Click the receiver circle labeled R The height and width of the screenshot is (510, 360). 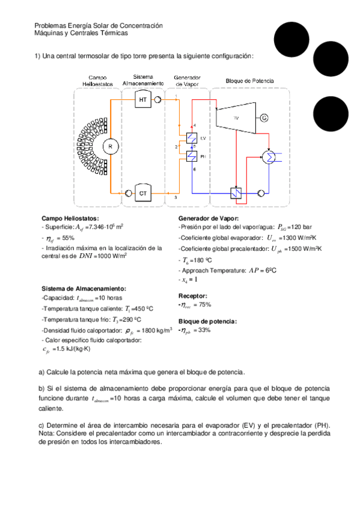(x=110, y=146)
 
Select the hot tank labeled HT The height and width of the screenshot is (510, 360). (x=142, y=100)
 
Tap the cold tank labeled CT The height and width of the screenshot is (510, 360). (x=142, y=193)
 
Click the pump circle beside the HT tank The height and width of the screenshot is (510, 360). (x=157, y=100)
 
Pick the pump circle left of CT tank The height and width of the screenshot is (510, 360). (x=128, y=193)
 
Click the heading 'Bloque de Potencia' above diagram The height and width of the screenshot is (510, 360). (x=249, y=80)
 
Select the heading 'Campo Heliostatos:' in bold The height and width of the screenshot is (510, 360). (x=70, y=218)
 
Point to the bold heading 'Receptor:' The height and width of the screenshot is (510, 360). (x=193, y=296)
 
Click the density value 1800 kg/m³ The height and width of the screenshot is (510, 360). (x=155, y=331)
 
